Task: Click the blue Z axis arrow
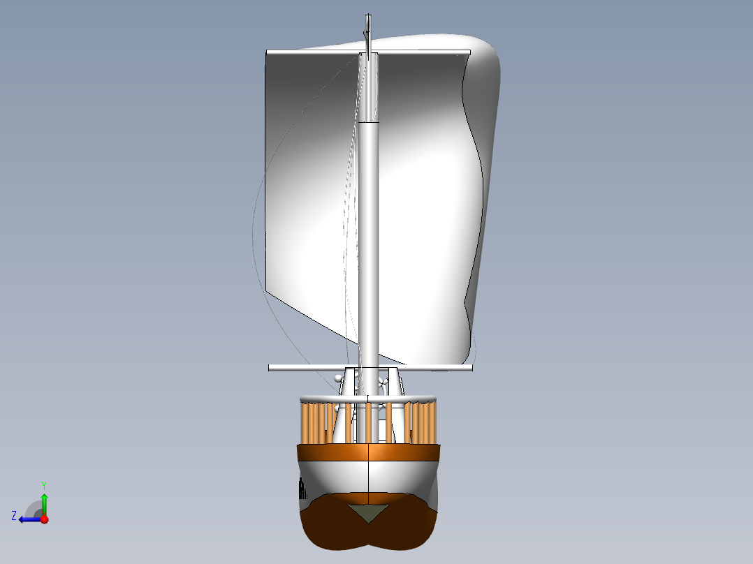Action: (x=29, y=519)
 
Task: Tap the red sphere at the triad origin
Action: (x=44, y=519)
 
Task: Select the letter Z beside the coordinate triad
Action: (x=14, y=516)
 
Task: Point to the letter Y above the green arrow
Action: (x=43, y=484)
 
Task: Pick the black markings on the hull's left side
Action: (x=302, y=487)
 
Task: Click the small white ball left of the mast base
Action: (x=339, y=378)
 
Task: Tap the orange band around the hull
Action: (x=368, y=452)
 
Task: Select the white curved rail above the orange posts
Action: (x=368, y=399)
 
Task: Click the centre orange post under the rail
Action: (x=368, y=422)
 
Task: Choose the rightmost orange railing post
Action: (x=434, y=423)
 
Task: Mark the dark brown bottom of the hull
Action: (x=368, y=534)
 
